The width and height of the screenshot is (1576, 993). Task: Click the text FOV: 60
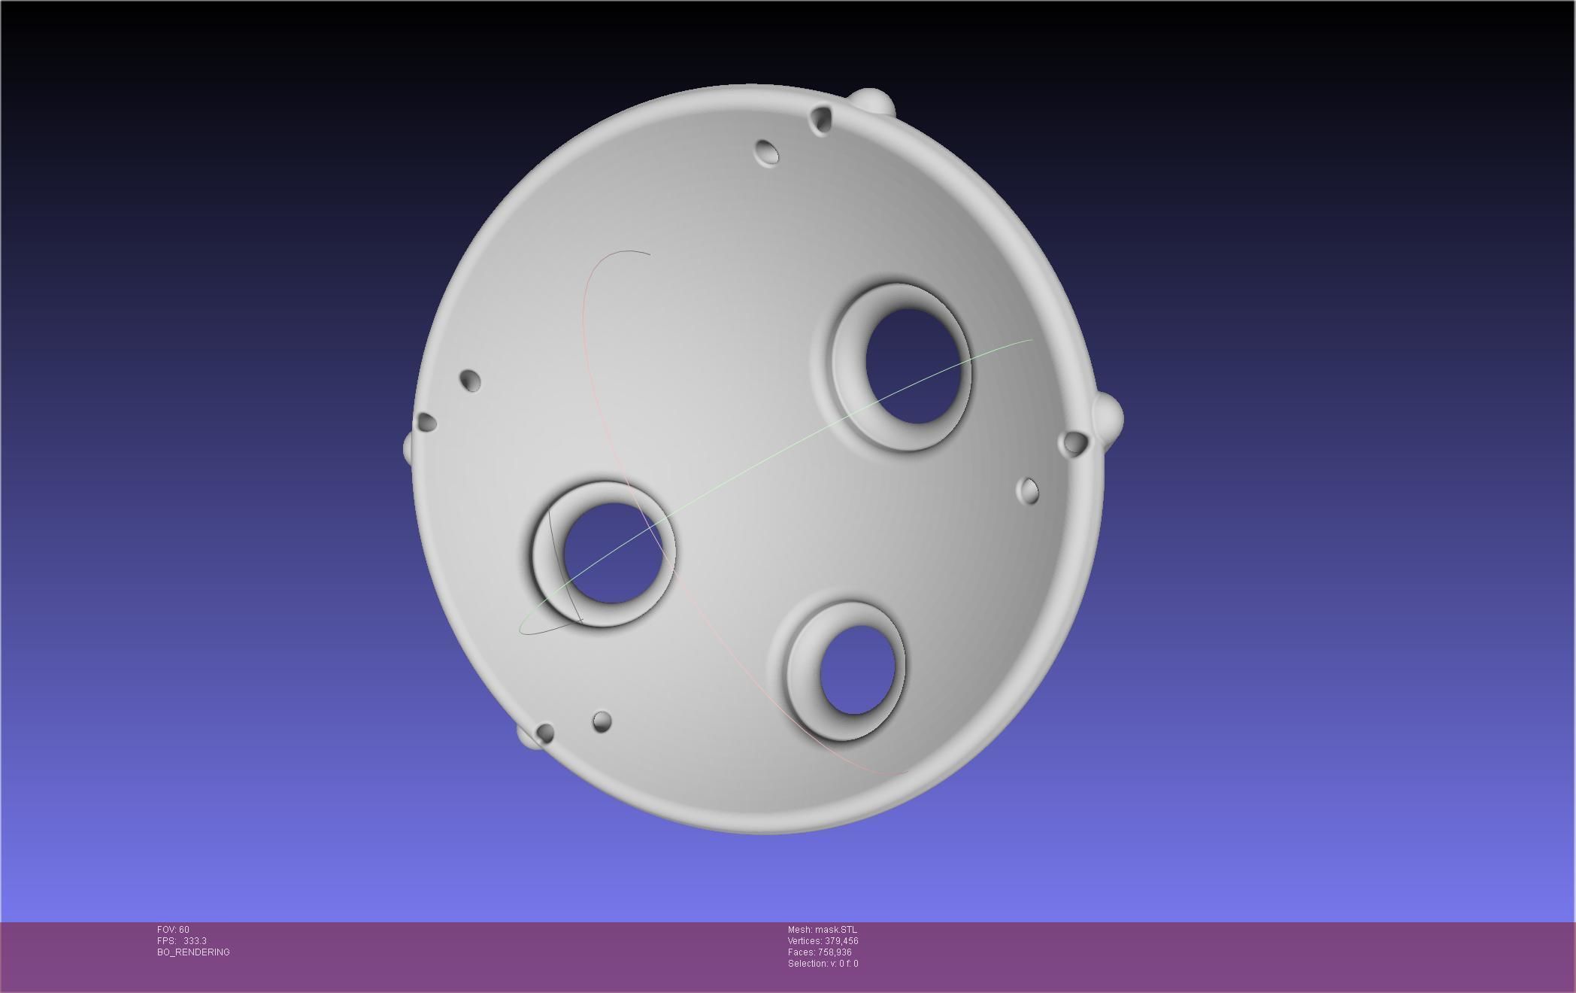pyautogui.click(x=173, y=930)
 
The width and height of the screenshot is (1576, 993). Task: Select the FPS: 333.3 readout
pyautogui.click(x=181, y=941)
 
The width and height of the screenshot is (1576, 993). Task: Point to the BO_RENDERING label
pyautogui.click(x=193, y=952)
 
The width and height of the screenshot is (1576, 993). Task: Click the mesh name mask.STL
pyautogui.click(x=822, y=930)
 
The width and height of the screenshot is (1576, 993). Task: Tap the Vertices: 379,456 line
pyautogui.click(x=823, y=941)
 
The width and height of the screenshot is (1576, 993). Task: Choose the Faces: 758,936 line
pyautogui.click(x=820, y=952)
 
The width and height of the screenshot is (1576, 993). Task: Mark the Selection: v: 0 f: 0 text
pyautogui.click(x=823, y=964)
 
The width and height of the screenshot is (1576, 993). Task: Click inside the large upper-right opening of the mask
pyautogui.click(x=914, y=366)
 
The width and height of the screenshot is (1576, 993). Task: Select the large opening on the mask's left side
pyautogui.click(x=611, y=554)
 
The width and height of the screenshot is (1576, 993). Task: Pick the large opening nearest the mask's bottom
pyautogui.click(x=858, y=670)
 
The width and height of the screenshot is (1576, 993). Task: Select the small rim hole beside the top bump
pyautogui.click(x=821, y=119)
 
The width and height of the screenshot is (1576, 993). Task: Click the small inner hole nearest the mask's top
pyautogui.click(x=768, y=152)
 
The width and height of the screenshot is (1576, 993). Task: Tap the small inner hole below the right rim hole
pyautogui.click(x=1029, y=491)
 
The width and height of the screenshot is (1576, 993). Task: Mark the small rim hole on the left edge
pyautogui.click(x=426, y=422)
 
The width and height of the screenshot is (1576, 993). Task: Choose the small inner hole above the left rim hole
pyautogui.click(x=470, y=380)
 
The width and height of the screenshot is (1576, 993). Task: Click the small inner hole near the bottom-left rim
pyautogui.click(x=602, y=722)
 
